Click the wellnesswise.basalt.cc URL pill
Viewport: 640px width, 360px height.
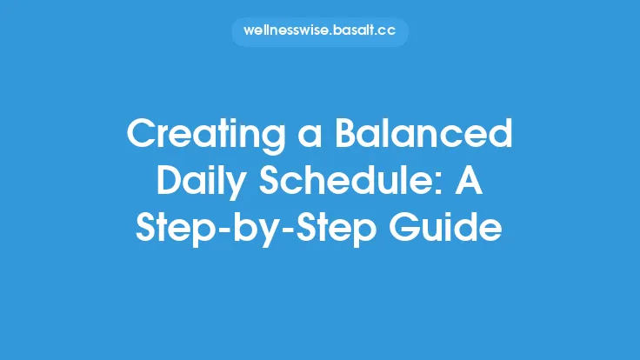pyautogui.click(x=320, y=32)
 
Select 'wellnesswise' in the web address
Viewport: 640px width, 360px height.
pyautogui.click(x=286, y=32)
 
